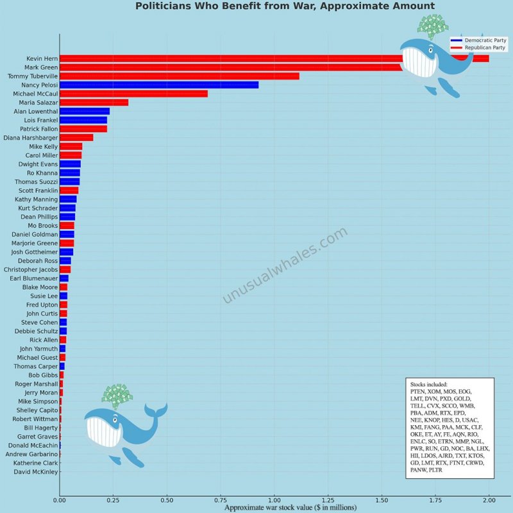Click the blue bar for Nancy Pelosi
(x=159, y=85)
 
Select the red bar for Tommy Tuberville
(x=180, y=76)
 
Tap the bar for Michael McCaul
(x=134, y=94)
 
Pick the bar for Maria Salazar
(x=94, y=103)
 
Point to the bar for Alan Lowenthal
(x=85, y=112)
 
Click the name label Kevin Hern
(x=42, y=58)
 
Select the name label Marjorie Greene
(x=35, y=243)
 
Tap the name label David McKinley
(x=36, y=472)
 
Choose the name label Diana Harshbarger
(x=31, y=138)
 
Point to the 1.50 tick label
(x=382, y=500)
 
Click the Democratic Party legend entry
(x=478, y=40)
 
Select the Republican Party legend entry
(x=478, y=47)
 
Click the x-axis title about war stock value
(x=290, y=507)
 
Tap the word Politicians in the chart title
(x=164, y=6)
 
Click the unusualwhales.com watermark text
(x=285, y=265)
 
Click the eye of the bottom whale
(x=115, y=420)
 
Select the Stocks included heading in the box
(x=428, y=384)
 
